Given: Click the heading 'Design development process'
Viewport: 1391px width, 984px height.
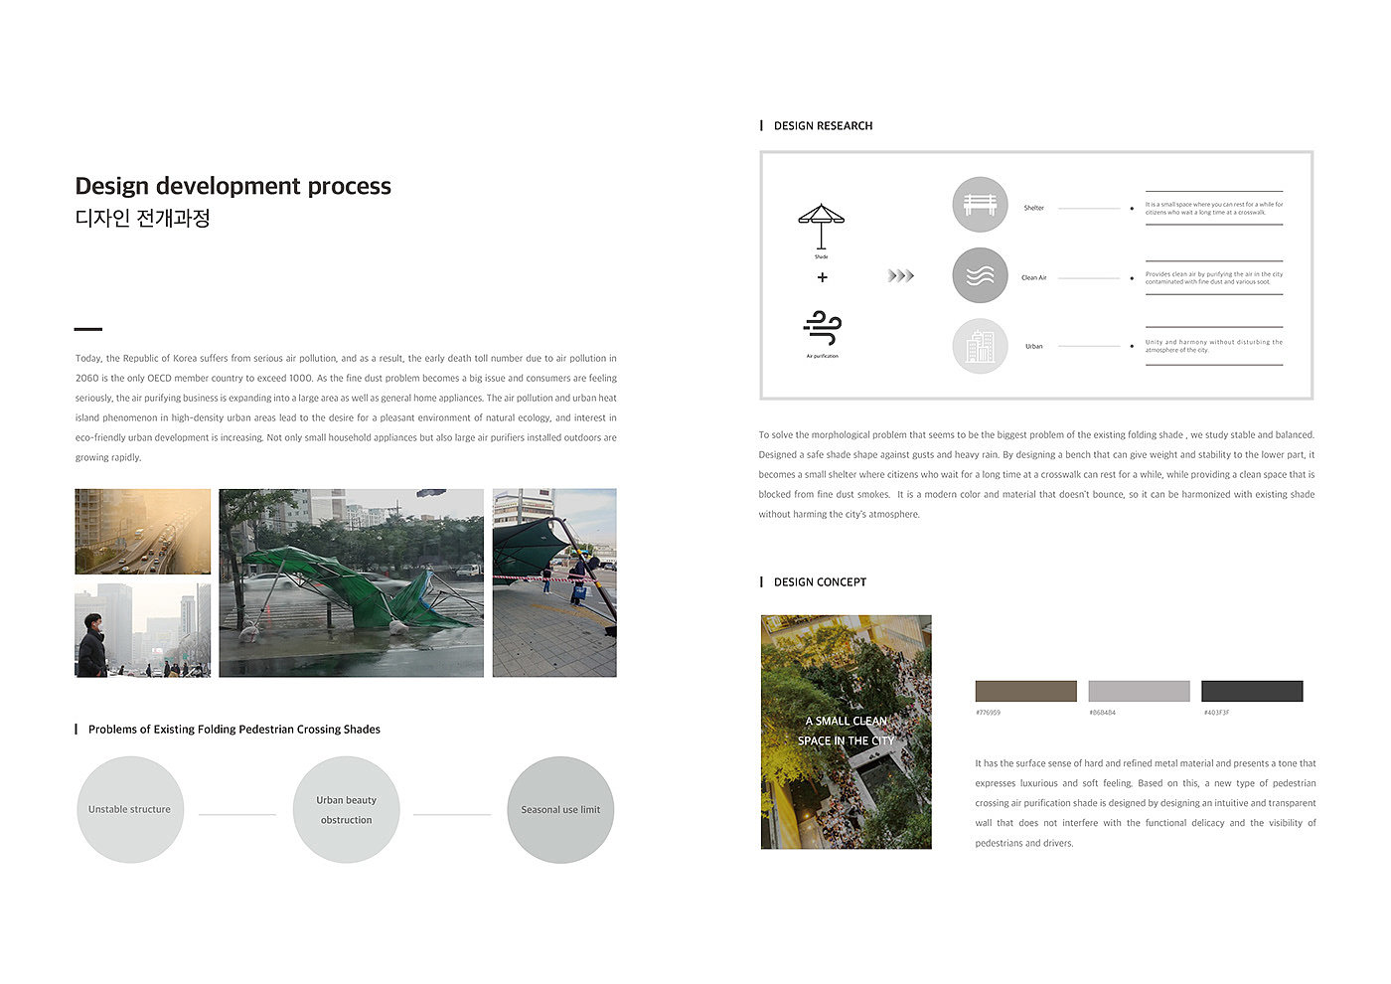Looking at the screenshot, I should [233, 186].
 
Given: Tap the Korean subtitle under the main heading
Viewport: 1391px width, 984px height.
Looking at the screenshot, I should [143, 219].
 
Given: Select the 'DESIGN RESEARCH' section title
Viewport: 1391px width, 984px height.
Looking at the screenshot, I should [823, 126].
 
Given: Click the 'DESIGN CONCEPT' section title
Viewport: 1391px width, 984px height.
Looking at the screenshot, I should [820, 582].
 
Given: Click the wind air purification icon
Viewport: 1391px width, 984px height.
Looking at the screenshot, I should [822, 329].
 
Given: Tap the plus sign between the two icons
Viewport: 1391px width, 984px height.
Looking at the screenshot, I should [822, 277].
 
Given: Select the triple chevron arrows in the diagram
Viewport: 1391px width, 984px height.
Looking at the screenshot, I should [900, 276].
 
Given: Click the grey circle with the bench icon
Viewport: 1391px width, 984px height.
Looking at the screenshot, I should [980, 205].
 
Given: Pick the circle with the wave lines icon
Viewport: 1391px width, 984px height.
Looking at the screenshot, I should [980, 275].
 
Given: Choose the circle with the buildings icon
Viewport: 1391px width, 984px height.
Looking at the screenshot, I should [980, 346].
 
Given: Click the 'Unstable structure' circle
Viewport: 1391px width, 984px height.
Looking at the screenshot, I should [130, 809].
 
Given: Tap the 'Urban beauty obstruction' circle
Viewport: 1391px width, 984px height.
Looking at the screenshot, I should [347, 809].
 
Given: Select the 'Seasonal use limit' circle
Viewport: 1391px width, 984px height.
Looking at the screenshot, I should [560, 809].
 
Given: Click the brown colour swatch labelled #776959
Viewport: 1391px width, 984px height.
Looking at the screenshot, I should [1025, 692].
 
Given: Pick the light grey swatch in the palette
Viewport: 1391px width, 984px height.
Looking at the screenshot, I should [1139, 692].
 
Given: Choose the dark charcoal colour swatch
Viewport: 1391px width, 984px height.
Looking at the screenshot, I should [1252, 692].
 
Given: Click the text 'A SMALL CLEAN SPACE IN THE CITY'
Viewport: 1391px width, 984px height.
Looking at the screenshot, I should [846, 731].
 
